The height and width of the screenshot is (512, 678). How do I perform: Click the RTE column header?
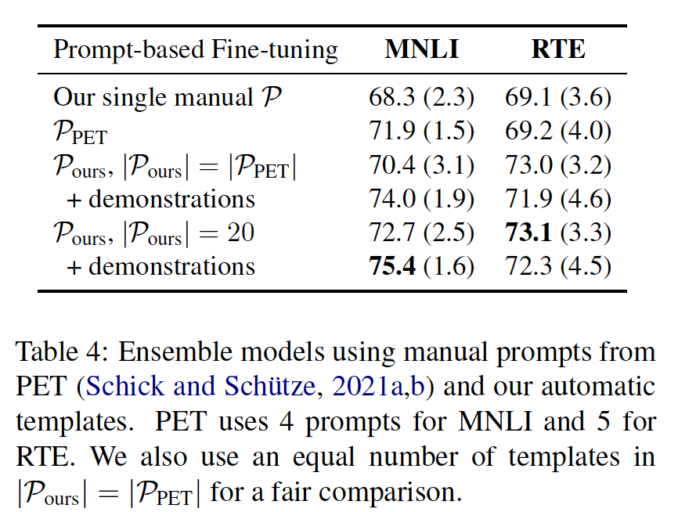click(557, 50)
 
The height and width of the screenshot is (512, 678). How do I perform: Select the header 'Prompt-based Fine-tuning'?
click(196, 51)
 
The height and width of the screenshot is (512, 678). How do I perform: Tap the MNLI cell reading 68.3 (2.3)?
click(421, 98)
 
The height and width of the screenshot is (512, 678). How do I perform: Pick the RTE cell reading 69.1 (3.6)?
click(558, 98)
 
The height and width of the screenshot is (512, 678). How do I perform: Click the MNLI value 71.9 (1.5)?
click(421, 132)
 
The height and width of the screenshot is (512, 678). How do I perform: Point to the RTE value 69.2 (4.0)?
click(558, 132)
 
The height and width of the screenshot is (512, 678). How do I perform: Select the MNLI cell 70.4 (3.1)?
click(421, 165)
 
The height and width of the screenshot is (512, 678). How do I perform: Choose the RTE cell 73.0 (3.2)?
click(558, 165)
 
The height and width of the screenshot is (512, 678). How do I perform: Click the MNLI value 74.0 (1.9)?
click(421, 199)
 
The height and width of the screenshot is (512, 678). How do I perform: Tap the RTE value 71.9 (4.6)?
click(558, 199)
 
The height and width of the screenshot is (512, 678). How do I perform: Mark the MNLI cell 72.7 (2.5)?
click(421, 233)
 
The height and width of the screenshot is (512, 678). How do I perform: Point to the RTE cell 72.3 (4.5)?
click(558, 266)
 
